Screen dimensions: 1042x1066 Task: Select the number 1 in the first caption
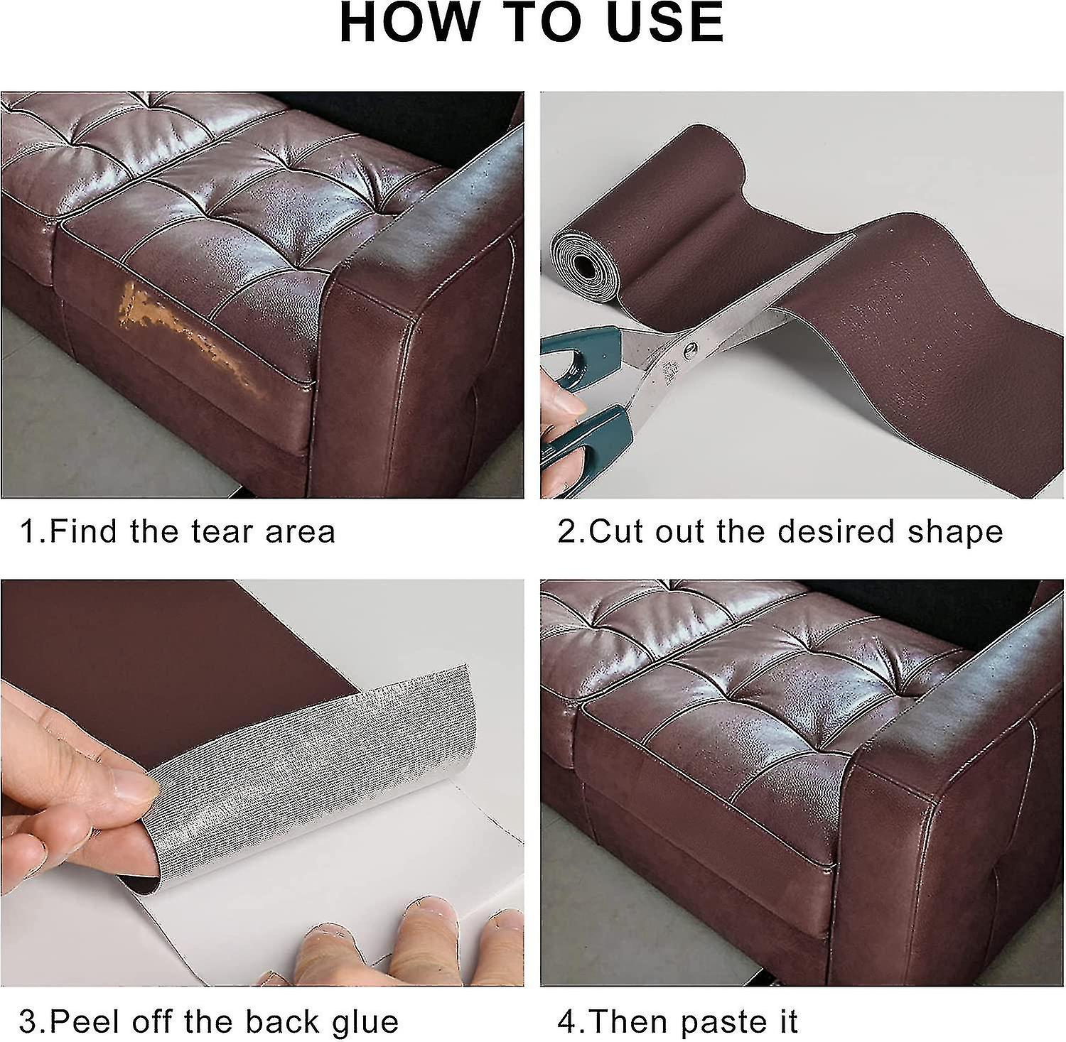(x=28, y=531)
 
